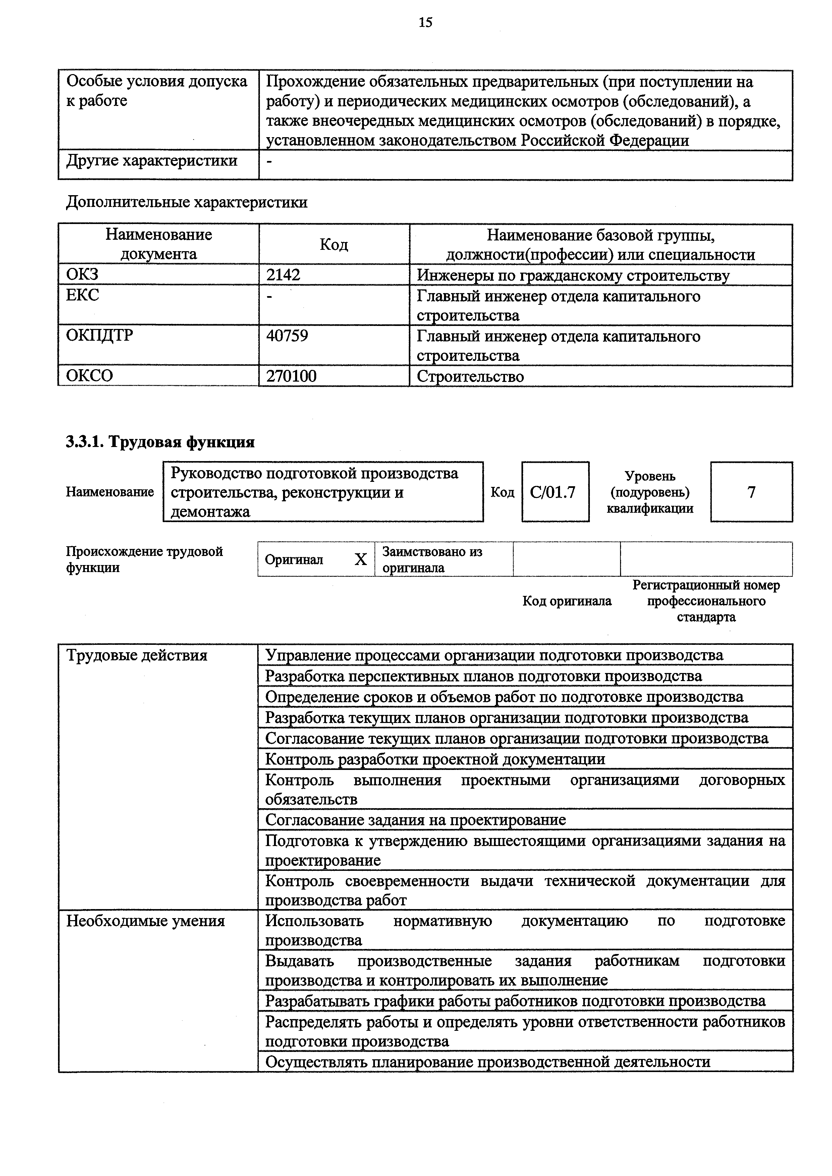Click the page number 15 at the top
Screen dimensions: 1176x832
425,22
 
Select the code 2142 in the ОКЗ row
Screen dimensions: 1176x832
283,275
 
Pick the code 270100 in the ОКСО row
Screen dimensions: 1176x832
291,376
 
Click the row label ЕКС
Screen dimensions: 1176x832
82,295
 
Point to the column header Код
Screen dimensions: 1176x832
334,244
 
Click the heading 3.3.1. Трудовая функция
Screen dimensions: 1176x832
160,442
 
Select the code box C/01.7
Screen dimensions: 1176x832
555,492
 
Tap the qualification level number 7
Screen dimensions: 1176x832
751,492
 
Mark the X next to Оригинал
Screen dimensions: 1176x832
361,559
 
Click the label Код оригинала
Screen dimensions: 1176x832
567,601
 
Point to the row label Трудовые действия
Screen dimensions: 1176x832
137,656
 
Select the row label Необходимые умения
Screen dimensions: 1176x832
146,921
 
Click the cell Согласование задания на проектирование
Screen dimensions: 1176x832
415,820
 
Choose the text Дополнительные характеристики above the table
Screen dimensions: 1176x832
186,202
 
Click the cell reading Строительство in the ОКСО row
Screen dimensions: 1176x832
470,377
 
